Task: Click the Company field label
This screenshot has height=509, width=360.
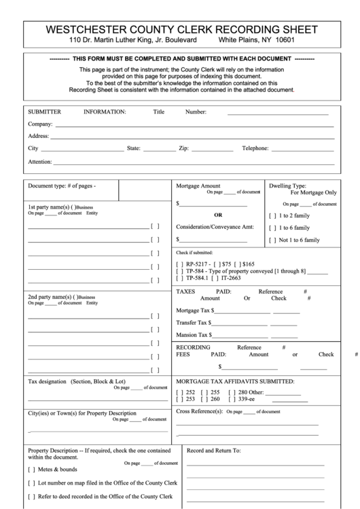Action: click(x=40, y=124)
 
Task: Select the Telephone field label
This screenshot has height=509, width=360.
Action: click(x=256, y=147)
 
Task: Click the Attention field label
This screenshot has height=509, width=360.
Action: click(x=40, y=162)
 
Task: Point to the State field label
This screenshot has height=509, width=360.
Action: click(x=133, y=147)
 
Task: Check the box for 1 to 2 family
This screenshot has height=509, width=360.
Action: click(x=272, y=215)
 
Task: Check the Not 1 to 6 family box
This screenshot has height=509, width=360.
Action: click(x=272, y=240)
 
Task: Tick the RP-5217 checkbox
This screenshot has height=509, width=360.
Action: click(x=179, y=264)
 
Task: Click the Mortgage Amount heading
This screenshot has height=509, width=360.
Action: click(x=198, y=186)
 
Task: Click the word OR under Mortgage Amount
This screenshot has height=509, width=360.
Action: click(x=218, y=215)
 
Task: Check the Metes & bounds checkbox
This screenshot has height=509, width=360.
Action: click(x=31, y=470)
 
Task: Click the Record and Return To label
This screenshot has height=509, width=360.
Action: click(x=213, y=451)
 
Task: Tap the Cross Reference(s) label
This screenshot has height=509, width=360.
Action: click(x=200, y=412)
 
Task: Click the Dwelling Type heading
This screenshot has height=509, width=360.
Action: click(x=287, y=186)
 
